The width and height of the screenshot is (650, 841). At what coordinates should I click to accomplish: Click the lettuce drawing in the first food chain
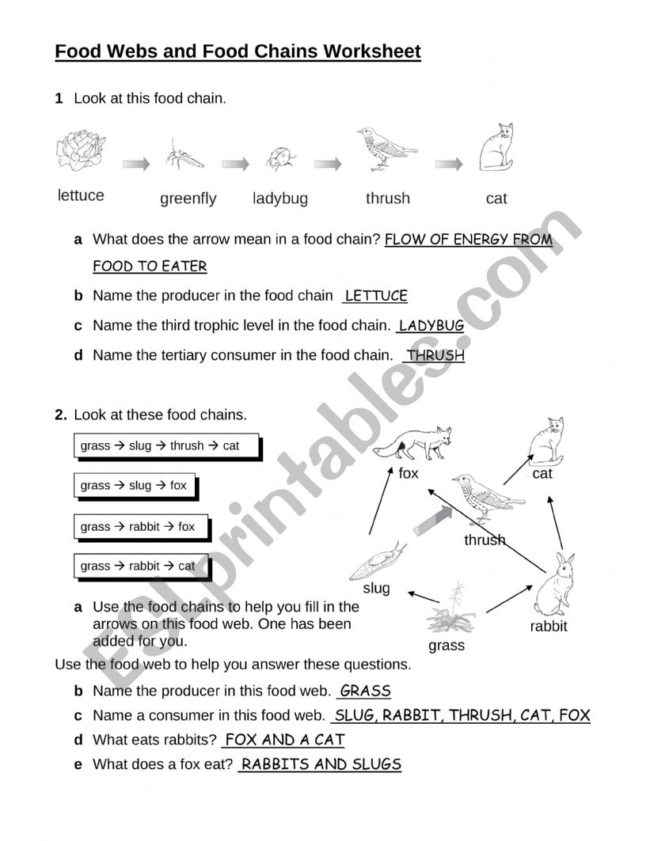pyautogui.click(x=80, y=150)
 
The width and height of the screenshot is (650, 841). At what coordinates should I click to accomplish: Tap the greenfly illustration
pyautogui.click(x=184, y=155)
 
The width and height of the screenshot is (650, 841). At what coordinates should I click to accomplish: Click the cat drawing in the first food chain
pyautogui.click(x=496, y=148)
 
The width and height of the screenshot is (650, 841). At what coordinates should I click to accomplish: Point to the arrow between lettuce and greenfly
pyautogui.click(x=135, y=164)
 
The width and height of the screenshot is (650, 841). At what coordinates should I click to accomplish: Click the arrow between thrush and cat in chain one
pyautogui.click(x=449, y=164)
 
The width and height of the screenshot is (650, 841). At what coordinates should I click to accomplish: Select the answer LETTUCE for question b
pyautogui.click(x=376, y=296)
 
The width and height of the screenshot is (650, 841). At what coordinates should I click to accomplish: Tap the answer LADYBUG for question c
pyautogui.click(x=431, y=325)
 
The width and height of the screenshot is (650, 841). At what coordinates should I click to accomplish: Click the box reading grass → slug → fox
pyautogui.click(x=134, y=486)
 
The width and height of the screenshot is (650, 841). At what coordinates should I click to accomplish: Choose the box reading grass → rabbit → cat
pyautogui.click(x=140, y=566)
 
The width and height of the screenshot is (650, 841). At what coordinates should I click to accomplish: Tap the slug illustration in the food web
pyautogui.click(x=377, y=563)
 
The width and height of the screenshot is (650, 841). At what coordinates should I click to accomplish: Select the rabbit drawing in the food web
pyautogui.click(x=555, y=585)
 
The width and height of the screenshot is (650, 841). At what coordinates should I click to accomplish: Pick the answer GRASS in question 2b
pyautogui.click(x=365, y=691)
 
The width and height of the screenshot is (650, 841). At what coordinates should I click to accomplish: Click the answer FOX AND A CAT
pyautogui.click(x=284, y=740)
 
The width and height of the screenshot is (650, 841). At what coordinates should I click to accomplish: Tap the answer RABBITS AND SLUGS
pyautogui.click(x=321, y=764)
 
